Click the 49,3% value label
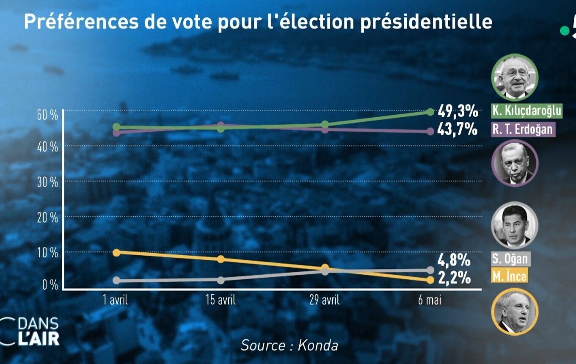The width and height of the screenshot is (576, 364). pyautogui.click(x=457, y=112)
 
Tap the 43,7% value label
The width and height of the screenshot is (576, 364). pyautogui.click(x=457, y=129)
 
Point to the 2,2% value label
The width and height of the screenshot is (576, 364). pyautogui.click(x=454, y=278)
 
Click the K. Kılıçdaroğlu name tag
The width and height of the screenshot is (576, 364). pyautogui.click(x=526, y=111)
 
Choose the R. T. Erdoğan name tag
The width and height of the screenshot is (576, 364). pyautogui.click(x=522, y=129)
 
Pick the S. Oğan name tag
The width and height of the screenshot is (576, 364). pyautogui.click(x=510, y=258)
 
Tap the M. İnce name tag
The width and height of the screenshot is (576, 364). pyautogui.click(x=510, y=277)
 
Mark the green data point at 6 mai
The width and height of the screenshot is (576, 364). pyautogui.click(x=430, y=112)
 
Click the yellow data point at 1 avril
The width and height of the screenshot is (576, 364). pyautogui.click(x=117, y=253)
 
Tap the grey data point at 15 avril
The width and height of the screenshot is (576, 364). pyautogui.click(x=220, y=280)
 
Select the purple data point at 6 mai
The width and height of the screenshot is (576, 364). pyautogui.click(x=430, y=131)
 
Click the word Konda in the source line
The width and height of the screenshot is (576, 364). pyautogui.click(x=318, y=345)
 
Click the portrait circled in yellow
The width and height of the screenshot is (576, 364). pyautogui.click(x=514, y=312)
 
